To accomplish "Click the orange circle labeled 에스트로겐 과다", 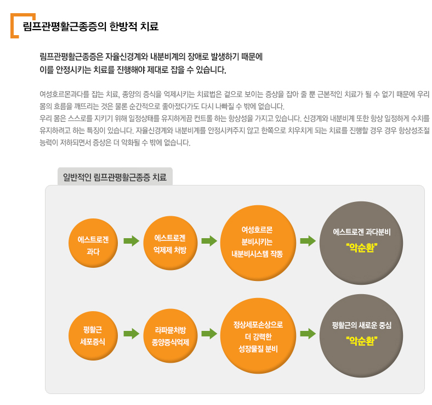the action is pos(93,243).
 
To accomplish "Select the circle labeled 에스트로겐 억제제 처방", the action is pos(170,243).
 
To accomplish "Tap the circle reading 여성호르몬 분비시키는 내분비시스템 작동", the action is pos(258,243).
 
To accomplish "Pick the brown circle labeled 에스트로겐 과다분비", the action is pos(361,243).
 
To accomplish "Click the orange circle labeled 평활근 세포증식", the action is pos(93,336).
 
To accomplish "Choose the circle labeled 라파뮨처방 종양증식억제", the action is pos(170,336).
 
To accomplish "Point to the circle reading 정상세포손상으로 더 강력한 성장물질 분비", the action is pos(258,336).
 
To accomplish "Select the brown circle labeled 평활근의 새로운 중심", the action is pos(361,336).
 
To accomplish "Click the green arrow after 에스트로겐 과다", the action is pos(132,241).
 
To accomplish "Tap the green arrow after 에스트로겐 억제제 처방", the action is pos(209,241).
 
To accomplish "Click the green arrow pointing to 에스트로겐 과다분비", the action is pos(308,241).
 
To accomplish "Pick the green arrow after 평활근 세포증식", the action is pos(132,334).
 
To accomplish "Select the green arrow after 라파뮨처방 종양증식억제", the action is pos(209,334).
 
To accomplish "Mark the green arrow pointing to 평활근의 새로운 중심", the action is pos(308,334).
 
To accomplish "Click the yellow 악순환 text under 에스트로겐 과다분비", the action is pos(362,248).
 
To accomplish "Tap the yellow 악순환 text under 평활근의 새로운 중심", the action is pos(362,341).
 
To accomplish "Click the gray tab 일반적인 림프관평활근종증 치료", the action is pos(115,177).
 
